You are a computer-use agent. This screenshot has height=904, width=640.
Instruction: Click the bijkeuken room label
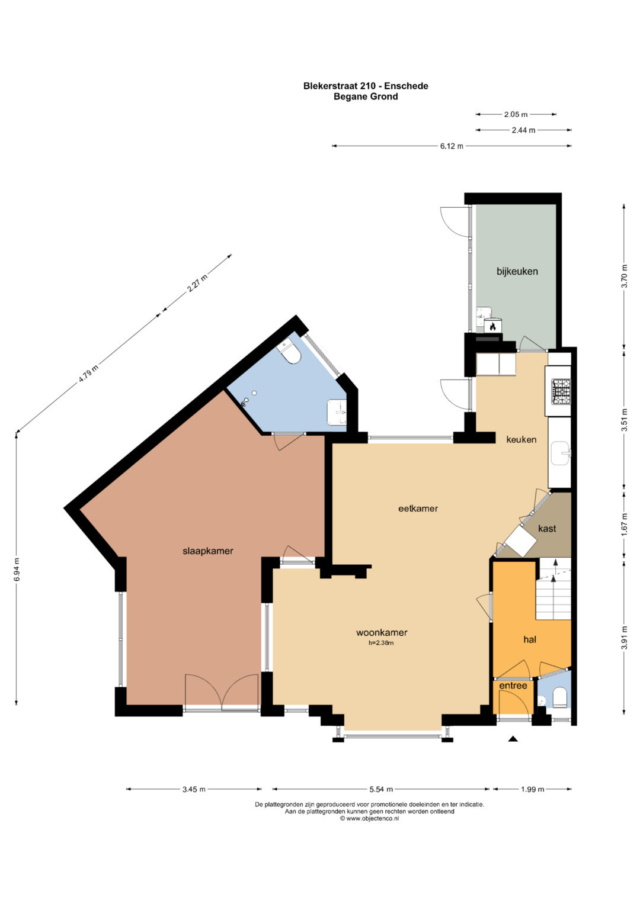pyautogui.click(x=517, y=272)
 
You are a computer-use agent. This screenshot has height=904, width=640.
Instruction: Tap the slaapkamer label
pyautogui.click(x=207, y=551)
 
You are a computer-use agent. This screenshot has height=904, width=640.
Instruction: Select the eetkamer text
pyautogui.click(x=418, y=509)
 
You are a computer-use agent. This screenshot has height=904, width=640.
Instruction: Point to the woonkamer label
pyautogui.click(x=382, y=632)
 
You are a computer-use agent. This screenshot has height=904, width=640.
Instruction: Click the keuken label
pyautogui.click(x=521, y=439)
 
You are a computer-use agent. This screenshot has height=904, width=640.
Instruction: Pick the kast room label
pyautogui.click(x=547, y=528)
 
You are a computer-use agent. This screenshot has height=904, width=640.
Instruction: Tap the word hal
pyautogui.click(x=530, y=639)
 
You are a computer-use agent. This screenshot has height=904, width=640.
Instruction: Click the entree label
pyautogui.click(x=513, y=686)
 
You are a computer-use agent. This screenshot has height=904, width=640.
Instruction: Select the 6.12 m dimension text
pyautogui.click(x=452, y=146)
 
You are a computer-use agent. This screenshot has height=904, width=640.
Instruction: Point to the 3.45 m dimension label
pyautogui.click(x=194, y=789)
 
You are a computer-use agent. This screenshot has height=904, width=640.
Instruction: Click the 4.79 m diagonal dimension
pyautogui.click(x=88, y=374)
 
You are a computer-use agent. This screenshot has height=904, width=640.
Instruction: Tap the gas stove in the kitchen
pyautogui.click(x=561, y=391)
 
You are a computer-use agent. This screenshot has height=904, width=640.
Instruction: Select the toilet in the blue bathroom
pyautogui.click(x=290, y=353)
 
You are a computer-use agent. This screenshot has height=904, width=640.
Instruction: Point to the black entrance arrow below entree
pyautogui.click(x=513, y=739)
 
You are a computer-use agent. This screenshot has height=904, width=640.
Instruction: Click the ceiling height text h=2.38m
pyautogui.click(x=380, y=644)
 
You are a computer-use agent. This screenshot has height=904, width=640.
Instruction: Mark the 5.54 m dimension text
pyautogui.click(x=381, y=789)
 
